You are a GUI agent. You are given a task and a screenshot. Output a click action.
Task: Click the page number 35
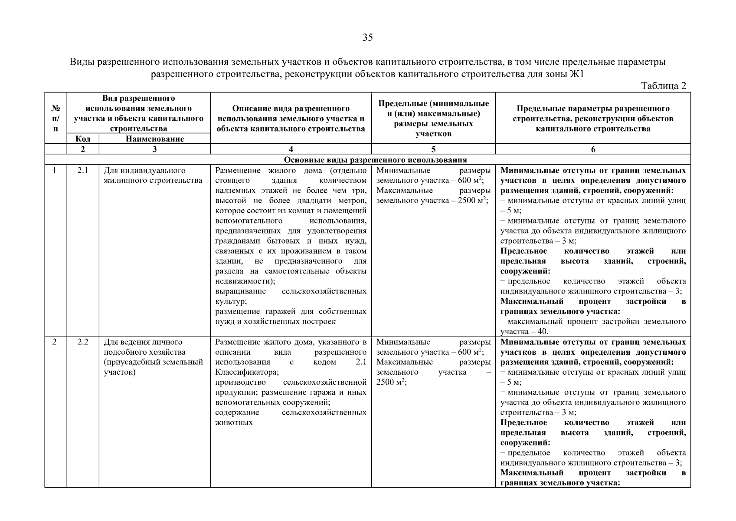(367, 38)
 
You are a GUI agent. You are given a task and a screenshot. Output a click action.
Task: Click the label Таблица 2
(663, 86)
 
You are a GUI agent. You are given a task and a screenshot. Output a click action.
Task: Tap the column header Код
(83, 139)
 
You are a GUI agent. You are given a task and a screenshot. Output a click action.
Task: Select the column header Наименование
(155, 139)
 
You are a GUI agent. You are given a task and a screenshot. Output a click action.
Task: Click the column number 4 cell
(291, 149)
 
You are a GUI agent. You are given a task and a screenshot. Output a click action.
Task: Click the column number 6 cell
(593, 149)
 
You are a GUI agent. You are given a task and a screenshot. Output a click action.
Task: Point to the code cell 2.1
(83, 171)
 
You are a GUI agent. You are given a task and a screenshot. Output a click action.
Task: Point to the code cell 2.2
(83, 342)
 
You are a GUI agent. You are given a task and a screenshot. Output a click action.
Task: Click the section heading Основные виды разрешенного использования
(375, 160)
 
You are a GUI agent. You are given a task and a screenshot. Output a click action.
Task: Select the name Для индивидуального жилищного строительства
(153, 175)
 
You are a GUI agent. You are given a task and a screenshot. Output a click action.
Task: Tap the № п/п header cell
(56, 118)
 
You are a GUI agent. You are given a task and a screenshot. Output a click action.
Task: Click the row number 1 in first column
(55, 171)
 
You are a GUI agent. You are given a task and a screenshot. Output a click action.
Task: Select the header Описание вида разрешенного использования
(291, 118)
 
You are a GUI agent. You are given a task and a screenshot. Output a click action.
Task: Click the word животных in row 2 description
(234, 422)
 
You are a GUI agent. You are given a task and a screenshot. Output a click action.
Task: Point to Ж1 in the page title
(576, 74)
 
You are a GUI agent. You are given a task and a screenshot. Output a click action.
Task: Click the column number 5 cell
(433, 149)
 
